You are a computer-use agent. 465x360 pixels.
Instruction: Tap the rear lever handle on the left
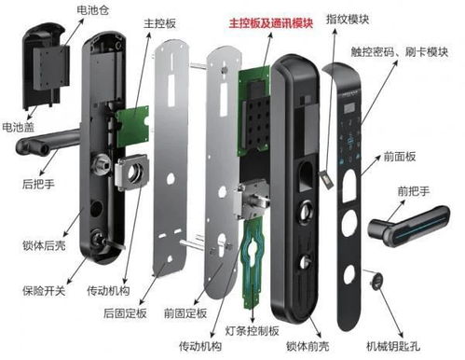pos(47,148)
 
